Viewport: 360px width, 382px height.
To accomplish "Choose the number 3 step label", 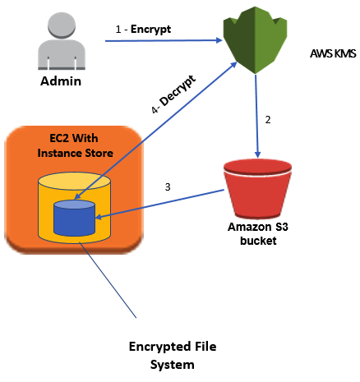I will tap(168, 187).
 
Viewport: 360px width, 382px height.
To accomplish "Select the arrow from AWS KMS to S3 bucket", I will tap(260, 115).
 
